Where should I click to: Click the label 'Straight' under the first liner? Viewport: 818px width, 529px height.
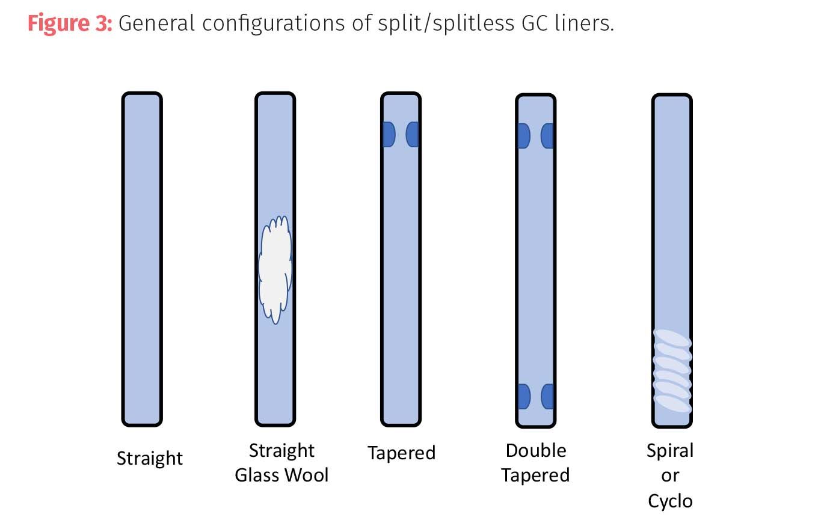[x=150, y=458]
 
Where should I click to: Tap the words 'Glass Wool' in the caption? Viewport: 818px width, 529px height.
[x=281, y=475]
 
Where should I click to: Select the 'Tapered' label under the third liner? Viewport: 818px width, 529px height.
[x=401, y=452]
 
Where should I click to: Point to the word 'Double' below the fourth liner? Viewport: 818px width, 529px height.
[x=536, y=450]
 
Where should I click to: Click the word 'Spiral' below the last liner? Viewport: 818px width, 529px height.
[x=670, y=450]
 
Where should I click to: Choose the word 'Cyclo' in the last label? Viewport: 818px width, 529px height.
[x=670, y=500]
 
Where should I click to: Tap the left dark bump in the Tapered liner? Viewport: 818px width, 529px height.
[x=388, y=134]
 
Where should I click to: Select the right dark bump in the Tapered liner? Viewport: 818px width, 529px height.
[x=412, y=134]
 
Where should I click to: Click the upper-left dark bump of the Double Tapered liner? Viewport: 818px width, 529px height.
[x=523, y=136]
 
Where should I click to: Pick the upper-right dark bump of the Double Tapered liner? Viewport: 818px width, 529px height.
[x=547, y=136]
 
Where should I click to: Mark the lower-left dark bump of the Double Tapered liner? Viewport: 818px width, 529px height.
[x=523, y=397]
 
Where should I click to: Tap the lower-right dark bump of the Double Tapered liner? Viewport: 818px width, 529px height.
[x=547, y=397]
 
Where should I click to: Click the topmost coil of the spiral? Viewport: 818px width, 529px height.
[x=672, y=339]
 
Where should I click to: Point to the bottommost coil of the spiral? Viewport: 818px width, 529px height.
[x=672, y=403]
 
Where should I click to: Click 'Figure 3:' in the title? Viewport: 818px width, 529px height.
[x=70, y=23]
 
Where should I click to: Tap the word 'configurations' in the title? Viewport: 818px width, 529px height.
[x=263, y=23]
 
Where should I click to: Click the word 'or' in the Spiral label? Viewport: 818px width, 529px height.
[x=670, y=475]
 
